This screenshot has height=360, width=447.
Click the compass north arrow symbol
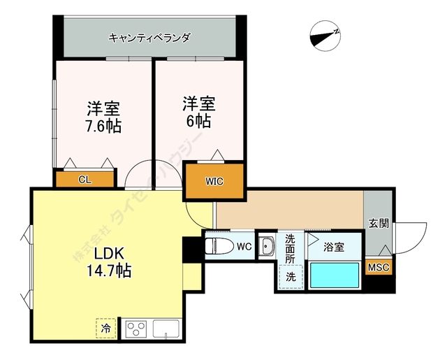click(x=325, y=36)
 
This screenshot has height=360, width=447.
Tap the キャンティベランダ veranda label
click(x=149, y=37)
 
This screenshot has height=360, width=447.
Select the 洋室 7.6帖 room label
click(x=103, y=117)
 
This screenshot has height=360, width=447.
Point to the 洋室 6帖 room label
click(x=199, y=112)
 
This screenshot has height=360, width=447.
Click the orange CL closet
click(x=85, y=180)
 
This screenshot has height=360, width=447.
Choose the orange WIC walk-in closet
click(x=214, y=181)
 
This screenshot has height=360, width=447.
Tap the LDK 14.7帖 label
click(x=109, y=262)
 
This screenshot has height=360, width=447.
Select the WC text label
click(x=244, y=246)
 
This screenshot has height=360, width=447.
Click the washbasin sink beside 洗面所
click(x=268, y=245)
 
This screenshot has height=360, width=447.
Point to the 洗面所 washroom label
click(x=291, y=248)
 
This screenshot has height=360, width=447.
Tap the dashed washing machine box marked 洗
click(x=291, y=277)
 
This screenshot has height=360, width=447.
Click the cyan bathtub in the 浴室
click(x=335, y=275)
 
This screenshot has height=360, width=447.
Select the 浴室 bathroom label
click(x=334, y=247)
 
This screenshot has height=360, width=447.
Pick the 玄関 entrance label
click(x=379, y=223)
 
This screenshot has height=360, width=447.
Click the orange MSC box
click(x=379, y=267)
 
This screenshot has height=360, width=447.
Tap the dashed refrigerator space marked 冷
click(x=105, y=329)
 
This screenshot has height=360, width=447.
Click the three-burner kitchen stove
click(x=136, y=329)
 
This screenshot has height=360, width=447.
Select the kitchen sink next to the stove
click(x=166, y=329)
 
